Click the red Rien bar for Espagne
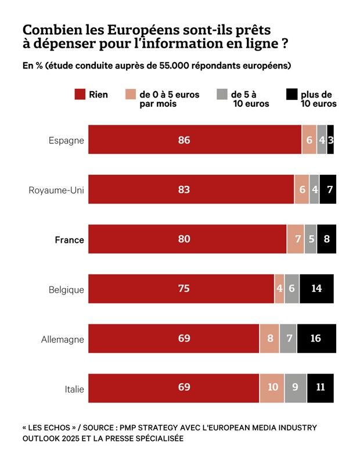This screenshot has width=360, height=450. tap(195, 139)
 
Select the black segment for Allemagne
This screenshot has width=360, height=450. tap(316, 339)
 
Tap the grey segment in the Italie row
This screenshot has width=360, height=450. tap(296, 388)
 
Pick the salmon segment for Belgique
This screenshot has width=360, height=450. tap(279, 289)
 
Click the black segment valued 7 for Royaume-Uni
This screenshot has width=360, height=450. tap(328, 189)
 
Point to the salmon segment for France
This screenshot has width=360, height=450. tap(296, 239)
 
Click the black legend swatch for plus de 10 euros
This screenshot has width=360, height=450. tap(291, 95)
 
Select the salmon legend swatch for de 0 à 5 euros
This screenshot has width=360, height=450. tap(131, 95)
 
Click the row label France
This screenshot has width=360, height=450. tap(69, 240)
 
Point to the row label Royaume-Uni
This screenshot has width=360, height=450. tap(56, 190)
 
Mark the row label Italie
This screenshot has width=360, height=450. tap(74, 389)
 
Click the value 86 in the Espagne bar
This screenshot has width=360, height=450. tap(184, 140)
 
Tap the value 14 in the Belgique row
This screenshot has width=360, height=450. tap(316, 289)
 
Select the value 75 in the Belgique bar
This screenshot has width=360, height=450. tap(184, 289)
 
